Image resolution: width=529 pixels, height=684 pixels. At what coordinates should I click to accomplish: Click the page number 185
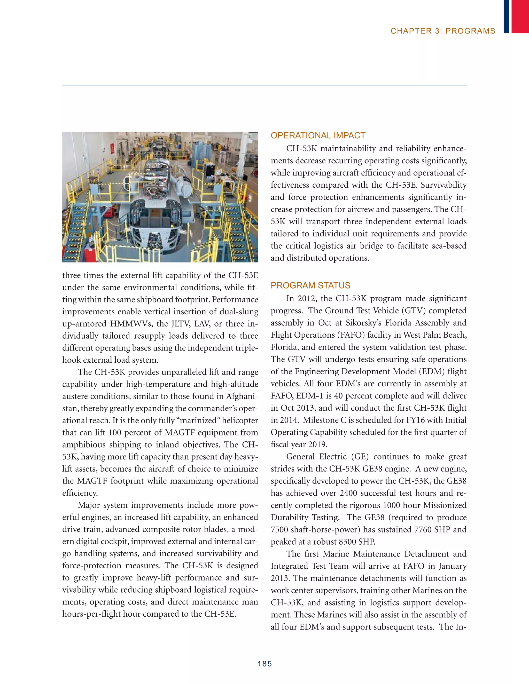click(264, 664)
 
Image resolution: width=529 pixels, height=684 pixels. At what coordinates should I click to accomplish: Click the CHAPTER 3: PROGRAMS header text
click(443, 31)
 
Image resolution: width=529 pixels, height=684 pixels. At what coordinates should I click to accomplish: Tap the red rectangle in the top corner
click(520, 16)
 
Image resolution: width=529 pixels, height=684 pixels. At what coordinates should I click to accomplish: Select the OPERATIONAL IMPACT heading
click(318, 136)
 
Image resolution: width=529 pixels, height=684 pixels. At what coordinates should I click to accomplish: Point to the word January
click(453, 566)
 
